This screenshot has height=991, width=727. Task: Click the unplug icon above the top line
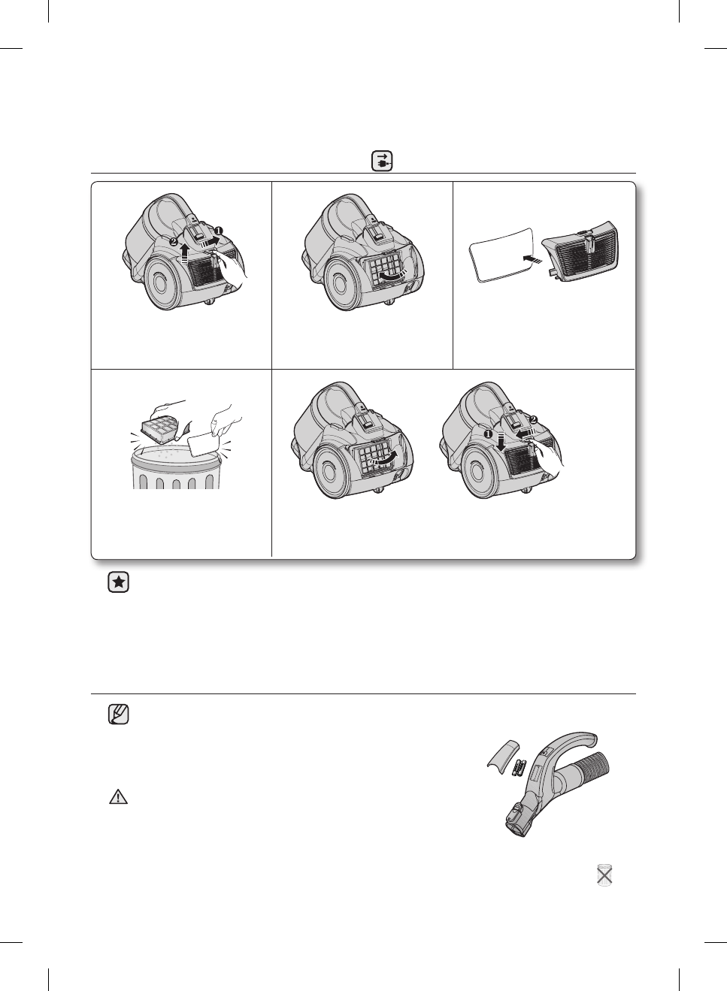[383, 162]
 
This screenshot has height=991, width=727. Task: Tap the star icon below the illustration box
[118, 582]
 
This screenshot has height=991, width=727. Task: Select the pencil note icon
[118, 714]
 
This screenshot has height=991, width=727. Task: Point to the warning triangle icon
[118, 797]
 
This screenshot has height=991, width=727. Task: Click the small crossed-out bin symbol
[604, 875]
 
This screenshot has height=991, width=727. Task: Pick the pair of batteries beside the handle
[519, 769]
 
